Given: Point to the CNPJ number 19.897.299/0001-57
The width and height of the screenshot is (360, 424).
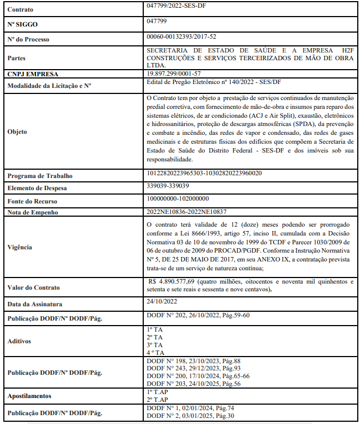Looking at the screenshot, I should pyautogui.click(x=174, y=73).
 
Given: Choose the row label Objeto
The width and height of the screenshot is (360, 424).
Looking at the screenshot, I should pyautogui.click(x=18, y=132).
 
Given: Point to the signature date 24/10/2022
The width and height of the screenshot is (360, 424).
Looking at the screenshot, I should pyautogui.click(x=162, y=302).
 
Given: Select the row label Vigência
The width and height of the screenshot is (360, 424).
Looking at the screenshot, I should pyautogui.click(x=20, y=248).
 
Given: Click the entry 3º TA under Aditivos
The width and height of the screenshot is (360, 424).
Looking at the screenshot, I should pyautogui.click(x=155, y=344).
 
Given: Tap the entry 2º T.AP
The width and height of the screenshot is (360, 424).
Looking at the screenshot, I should pyautogui.click(x=159, y=399).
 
